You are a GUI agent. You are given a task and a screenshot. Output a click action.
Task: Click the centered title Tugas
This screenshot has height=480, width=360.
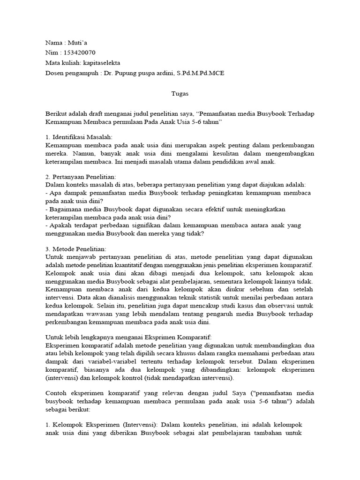(x=180, y=94)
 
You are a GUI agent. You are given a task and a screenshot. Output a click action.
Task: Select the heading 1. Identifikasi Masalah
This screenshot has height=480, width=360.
(x=79, y=137)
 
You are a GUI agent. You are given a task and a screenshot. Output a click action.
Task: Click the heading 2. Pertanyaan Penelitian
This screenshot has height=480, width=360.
(x=81, y=176)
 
